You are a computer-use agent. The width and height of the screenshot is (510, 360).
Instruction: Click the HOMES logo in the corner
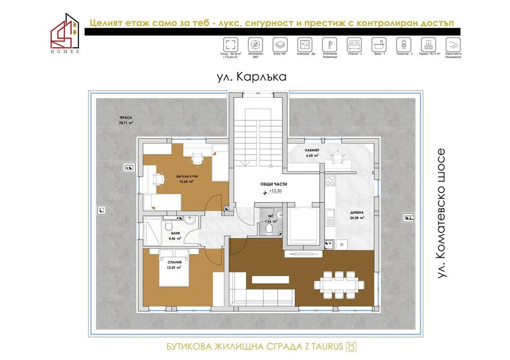[x=65, y=33]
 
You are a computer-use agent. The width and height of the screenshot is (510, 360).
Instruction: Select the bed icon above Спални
[x=354, y=43]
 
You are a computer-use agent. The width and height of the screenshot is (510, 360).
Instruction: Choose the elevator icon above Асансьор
[x=304, y=43]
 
